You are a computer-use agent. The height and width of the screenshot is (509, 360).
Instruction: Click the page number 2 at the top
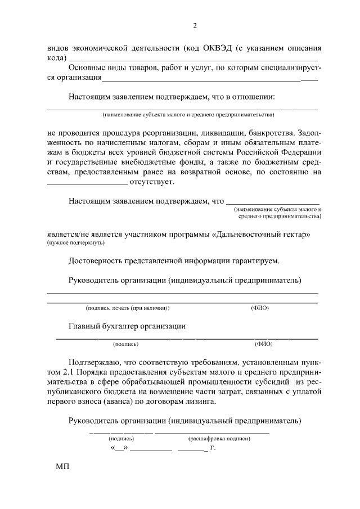[x=195, y=25]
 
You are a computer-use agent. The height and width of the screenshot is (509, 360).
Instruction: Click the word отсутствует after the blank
[x=152, y=181]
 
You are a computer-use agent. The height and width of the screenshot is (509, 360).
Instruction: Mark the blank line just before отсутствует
[x=86, y=182]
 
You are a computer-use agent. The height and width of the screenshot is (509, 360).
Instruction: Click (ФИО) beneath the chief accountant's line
[x=263, y=343]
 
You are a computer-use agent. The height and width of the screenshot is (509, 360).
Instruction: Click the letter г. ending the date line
[x=212, y=448]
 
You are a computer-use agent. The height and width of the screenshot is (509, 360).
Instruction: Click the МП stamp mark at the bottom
[x=62, y=467]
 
